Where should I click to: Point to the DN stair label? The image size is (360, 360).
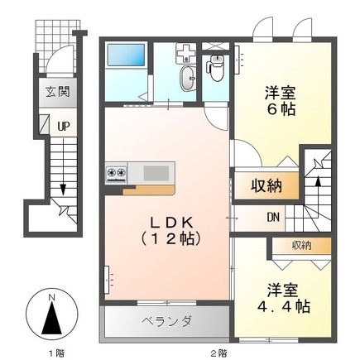click(272, 218)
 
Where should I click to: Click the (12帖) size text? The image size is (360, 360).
click(171, 240)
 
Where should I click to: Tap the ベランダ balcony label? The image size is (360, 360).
click(165, 321)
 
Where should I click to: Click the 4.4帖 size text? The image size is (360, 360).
click(281, 307)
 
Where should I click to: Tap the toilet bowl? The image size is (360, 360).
click(216, 70)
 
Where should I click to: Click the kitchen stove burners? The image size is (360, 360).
click(115, 173)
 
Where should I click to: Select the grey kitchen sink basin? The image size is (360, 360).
click(156, 173)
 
